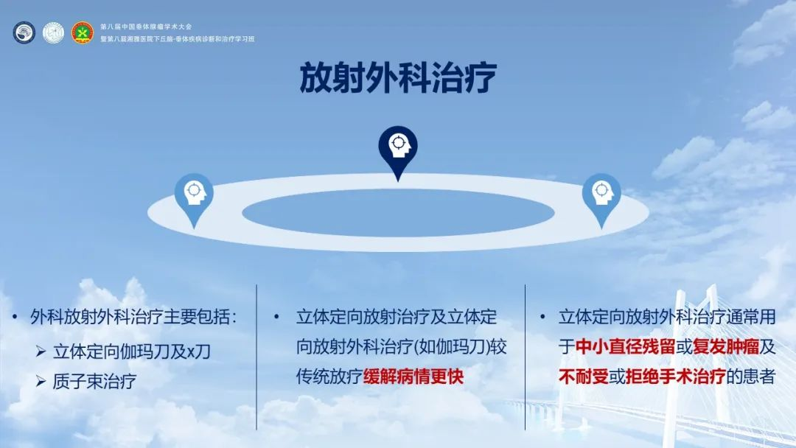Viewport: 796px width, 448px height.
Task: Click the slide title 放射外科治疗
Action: coord(398,77)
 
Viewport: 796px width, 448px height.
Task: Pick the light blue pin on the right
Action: coord(601,200)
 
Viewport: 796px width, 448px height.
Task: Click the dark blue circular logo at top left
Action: coord(24,32)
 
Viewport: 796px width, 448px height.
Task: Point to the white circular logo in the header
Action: coord(53,32)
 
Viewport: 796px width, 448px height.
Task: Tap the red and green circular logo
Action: coord(83,32)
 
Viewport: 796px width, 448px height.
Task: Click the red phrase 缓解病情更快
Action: coord(413,377)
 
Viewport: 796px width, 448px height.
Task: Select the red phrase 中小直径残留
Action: coord(626,347)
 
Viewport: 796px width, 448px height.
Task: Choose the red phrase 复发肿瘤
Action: coord(726,347)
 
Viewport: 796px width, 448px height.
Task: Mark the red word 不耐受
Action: coord(584,377)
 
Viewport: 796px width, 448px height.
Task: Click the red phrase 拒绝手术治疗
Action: coord(676,377)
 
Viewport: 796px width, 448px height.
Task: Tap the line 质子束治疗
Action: coord(94,381)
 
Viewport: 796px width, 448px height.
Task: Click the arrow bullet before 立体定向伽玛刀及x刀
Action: coord(41,351)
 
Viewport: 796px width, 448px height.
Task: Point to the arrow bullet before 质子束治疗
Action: coord(41,381)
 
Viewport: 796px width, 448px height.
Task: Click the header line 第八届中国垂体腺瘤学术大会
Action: coord(146,27)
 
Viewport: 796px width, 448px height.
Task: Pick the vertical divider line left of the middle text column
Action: coord(257,357)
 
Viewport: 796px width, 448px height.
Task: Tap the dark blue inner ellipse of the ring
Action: coord(398,213)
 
